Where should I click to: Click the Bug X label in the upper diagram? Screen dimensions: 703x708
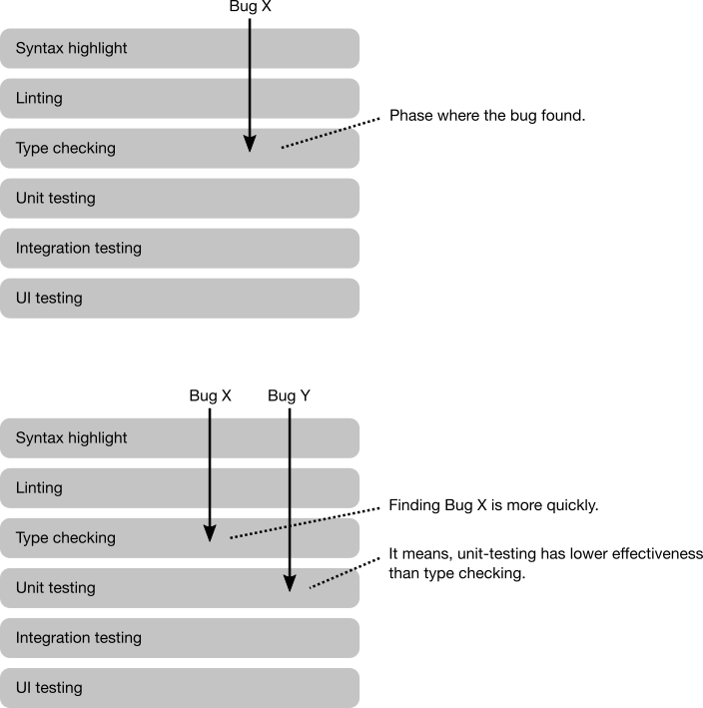[x=250, y=6]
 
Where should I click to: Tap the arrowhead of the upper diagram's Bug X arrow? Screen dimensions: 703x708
[x=250, y=144]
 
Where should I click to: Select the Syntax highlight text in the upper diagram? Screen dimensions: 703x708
[x=71, y=48]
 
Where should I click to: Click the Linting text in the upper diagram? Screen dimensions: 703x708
[x=39, y=98]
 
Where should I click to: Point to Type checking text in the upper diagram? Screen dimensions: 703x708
[x=66, y=148]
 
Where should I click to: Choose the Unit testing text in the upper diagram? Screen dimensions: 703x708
[x=56, y=199]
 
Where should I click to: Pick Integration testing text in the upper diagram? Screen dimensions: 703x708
[x=79, y=248]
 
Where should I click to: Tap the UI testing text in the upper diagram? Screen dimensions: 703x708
[x=49, y=298]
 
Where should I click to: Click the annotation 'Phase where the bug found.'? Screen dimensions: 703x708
[x=487, y=116]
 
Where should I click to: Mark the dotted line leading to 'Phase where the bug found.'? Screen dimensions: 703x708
[x=331, y=133]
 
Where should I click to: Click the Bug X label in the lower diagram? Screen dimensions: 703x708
[x=211, y=396]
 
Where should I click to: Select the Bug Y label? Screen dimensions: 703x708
[x=289, y=396]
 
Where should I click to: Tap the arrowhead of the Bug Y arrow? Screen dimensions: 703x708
[x=290, y=583]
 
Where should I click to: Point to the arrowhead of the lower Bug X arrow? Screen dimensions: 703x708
[x=210, y=533]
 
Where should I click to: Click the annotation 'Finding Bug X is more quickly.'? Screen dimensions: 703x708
[x=493, y=505]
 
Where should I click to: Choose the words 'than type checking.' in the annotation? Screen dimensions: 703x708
[x=457, y=573]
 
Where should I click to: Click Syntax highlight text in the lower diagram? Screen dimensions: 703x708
[x=71, y=438]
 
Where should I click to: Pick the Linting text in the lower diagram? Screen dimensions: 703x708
[x=39, y=487]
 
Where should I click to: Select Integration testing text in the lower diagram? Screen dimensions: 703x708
[x=79, y=637]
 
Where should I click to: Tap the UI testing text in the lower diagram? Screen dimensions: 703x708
[x=49, y=688]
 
